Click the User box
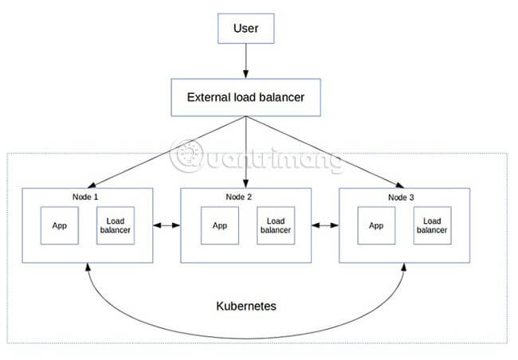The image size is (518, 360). (246, 29)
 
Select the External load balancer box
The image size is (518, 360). (245, 98)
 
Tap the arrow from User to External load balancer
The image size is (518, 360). (246, 61)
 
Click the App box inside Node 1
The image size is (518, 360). (60, 225)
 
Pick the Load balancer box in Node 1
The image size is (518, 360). (116, 225)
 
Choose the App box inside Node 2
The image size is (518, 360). (220, 225)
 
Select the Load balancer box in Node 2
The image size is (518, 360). (276, 225)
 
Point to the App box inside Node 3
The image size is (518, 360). (377, 225)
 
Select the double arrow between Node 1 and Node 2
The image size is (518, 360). (167, 226)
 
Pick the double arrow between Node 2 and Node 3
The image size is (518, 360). (324, 226)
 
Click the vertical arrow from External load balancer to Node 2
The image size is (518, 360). (246, 151)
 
